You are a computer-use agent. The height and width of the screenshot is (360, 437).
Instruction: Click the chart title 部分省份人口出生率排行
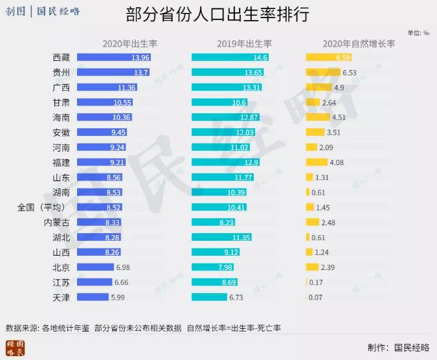(218, 14)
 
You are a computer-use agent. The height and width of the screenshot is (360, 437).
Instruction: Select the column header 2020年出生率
(129, 44)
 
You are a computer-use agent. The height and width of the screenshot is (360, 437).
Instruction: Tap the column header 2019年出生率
(244, 44)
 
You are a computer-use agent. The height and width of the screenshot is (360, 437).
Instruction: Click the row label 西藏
(62, 58)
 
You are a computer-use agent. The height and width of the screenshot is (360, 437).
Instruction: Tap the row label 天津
(62, 297)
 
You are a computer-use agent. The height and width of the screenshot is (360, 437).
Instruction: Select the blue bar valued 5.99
(93, 297)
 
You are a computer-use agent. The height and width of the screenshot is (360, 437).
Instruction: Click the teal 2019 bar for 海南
(226, 117)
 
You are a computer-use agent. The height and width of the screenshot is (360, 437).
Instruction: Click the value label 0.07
(316, 297)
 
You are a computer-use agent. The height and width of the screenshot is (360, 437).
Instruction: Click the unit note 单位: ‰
(418, 32)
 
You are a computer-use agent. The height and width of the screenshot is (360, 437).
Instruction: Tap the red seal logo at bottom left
(15, 348)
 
